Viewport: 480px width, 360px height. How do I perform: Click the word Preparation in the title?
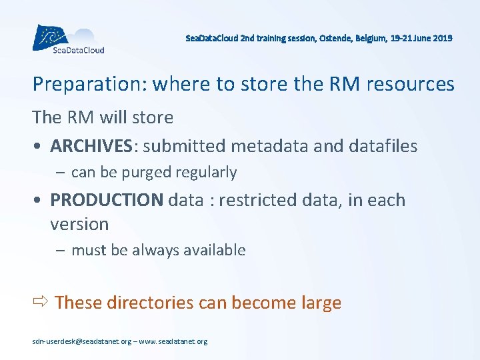[89, 85]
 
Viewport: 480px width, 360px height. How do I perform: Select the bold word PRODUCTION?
[106, 200]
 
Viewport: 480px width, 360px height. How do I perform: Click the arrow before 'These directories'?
[41, 302]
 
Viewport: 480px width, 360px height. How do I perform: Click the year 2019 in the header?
[441, 39]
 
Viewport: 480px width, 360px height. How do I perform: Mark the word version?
[79, 224]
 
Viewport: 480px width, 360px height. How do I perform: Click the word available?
[215, 251]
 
